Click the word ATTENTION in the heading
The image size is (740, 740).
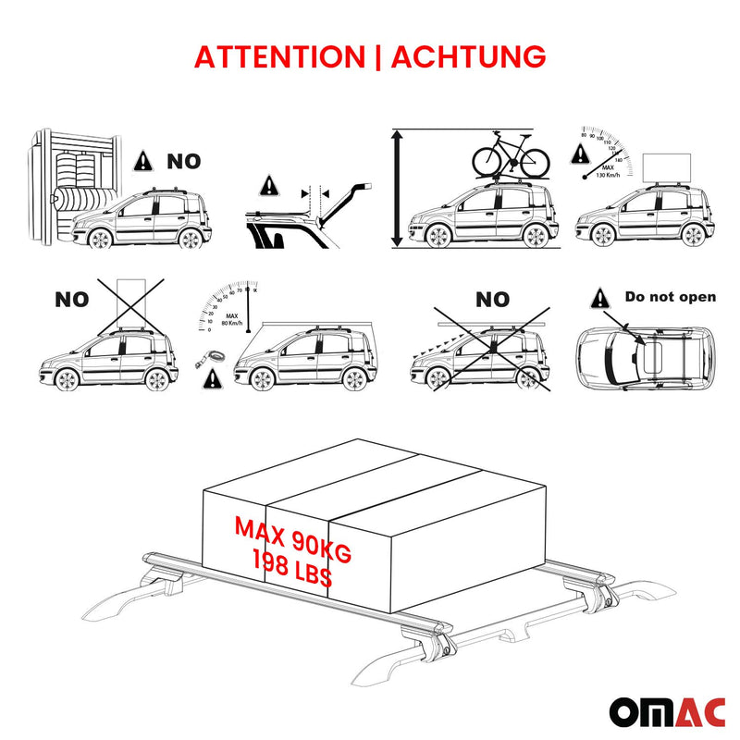[279, 56]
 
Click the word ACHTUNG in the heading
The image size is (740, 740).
[468, 56]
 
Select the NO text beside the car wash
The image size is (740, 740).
[183, 162]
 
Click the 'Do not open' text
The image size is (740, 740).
[671, 297]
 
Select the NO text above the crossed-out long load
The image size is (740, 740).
[492, 299]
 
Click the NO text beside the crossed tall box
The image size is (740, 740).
[71, 300]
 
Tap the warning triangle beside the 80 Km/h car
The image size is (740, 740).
[216, 376]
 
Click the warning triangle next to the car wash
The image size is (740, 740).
[143, 161]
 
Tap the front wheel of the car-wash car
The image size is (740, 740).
[99, 238]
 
